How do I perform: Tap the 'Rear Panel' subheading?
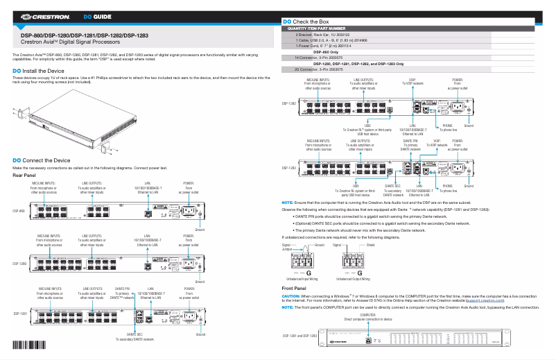click(x=24, y=175)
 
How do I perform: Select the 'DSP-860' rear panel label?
click(x=19, y=210)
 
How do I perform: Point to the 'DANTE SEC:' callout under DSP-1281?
click(x=134, y=334)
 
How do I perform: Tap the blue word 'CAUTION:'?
click(x=290, y=296)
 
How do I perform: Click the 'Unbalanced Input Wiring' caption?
click(x=302, y=278)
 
